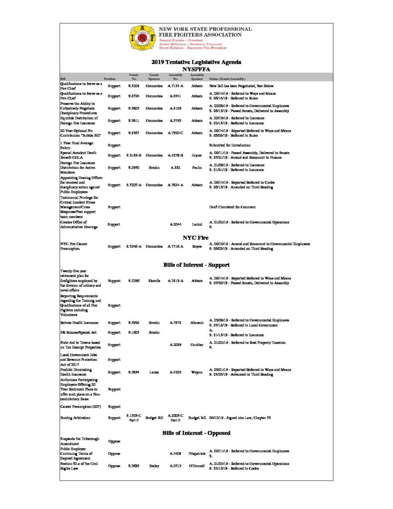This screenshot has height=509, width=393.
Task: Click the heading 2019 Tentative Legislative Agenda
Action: tap(196, 62)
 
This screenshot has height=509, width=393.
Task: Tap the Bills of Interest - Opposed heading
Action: tap(196, 433)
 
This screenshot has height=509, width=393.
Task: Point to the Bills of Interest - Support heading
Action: tap(196, 264)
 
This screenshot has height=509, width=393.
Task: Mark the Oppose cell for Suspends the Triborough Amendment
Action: tap(114, 441)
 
